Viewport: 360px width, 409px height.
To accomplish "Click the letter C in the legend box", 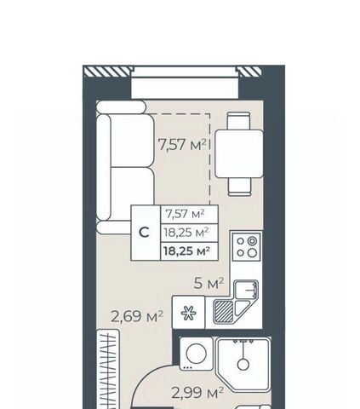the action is point(144,233).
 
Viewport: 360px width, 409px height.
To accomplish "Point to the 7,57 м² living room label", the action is point(182,145).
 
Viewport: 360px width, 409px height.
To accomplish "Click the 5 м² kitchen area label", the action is point(209,283).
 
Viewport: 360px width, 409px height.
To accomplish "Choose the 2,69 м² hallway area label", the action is point(137,316).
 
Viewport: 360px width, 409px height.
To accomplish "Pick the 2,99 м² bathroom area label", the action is point(197,393).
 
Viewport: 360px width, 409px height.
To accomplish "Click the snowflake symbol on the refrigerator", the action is point(189,314).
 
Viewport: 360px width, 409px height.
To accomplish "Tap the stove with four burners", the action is point(247,246).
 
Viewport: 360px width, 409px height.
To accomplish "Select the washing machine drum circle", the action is point(197,353).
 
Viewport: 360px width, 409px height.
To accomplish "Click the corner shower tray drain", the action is point(243,365).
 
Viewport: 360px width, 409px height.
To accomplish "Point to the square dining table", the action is point(239,153).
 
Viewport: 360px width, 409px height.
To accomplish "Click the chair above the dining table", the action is point(239,121).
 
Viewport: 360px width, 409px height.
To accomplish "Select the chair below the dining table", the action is point(240,187).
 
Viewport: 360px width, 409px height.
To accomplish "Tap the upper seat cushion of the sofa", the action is point(132,141).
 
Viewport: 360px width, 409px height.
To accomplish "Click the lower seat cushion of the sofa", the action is point(132,194).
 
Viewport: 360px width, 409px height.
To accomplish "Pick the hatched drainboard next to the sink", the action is point(224,312).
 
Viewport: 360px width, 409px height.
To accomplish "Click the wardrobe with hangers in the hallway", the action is point(108,369).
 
